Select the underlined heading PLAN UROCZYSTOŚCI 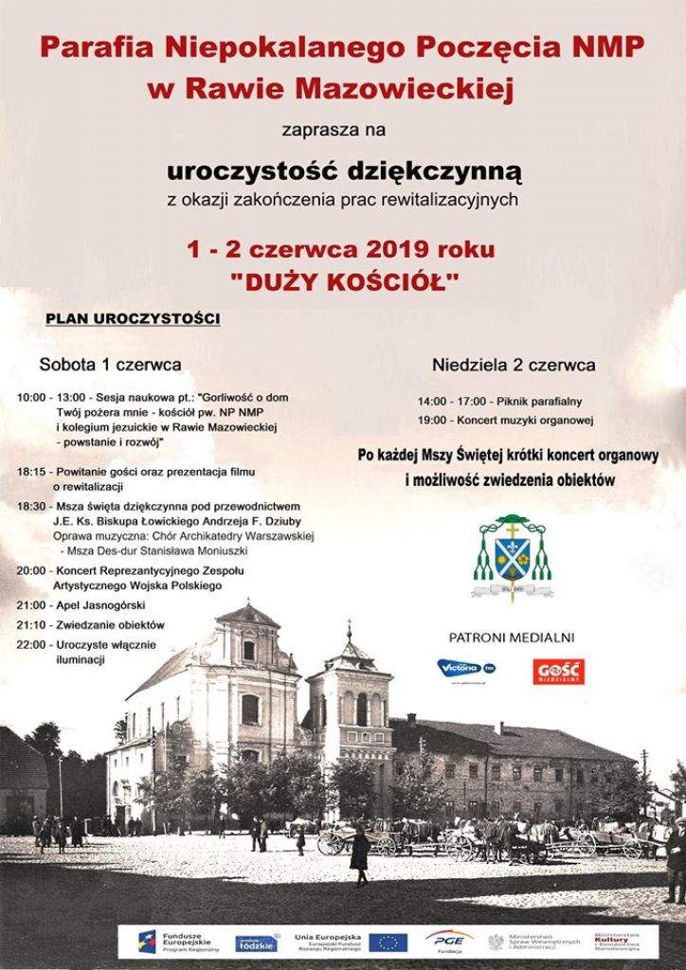coord(133,318)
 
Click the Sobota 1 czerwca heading coord(110,364)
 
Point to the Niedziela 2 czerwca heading coord(514,365)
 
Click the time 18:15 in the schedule coord(31,472)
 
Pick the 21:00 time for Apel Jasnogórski coord(31,605)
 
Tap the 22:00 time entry coord(31,644)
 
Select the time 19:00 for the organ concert coord(432,420)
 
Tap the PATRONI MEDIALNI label coord(512,638)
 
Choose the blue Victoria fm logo coord(466,668)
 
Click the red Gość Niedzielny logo coord(558,671)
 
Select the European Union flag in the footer coord(388,942)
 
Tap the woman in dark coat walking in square coord(359,855)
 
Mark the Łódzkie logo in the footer coord(256,943)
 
